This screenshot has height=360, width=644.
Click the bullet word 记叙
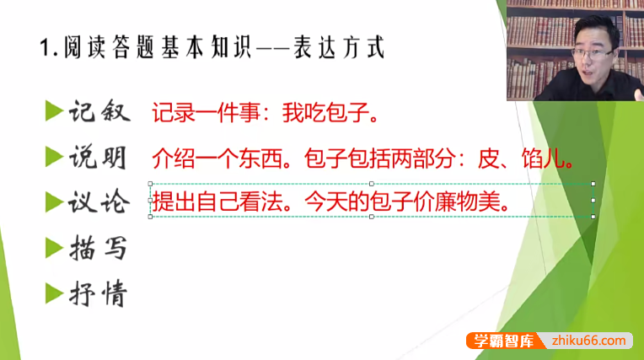point(98,111)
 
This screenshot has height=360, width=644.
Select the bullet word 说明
point(98,158)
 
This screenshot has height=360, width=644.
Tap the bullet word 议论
point(98,203)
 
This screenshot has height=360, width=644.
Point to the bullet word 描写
point(98,249)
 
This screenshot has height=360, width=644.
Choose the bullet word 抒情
point(98,294)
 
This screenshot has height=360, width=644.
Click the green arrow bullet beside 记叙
point(54,110)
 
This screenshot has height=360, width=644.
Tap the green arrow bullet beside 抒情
point(54,293)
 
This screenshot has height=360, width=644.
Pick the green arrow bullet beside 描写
point(54,247)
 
